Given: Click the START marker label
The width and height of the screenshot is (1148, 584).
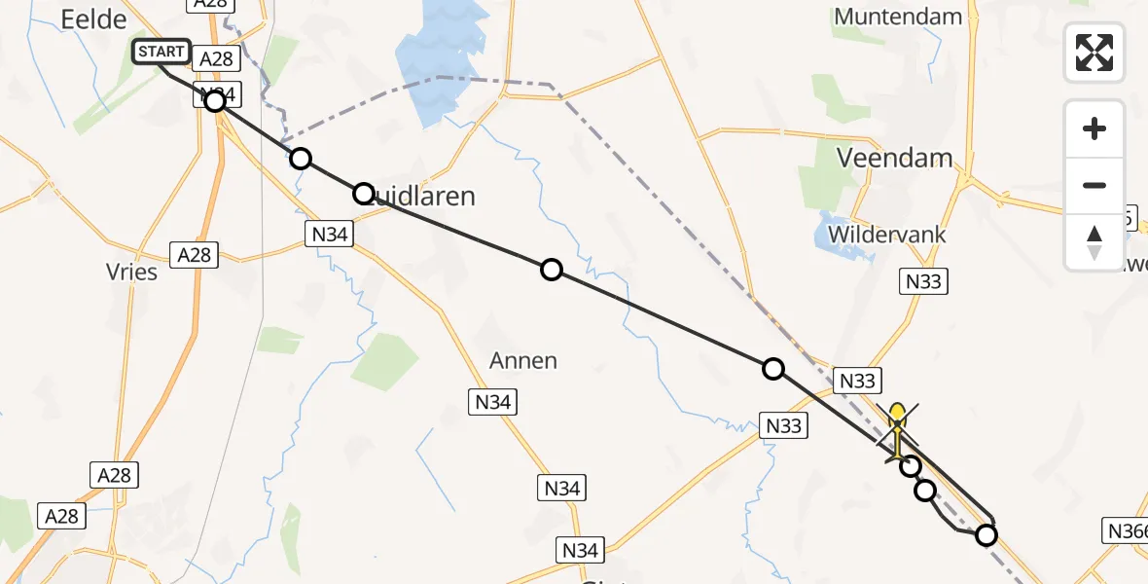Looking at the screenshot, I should (x=161, y=52).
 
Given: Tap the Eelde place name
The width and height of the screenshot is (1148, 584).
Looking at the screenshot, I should (x=94, y=19).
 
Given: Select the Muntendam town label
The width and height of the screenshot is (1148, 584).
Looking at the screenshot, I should (x=898, y=17).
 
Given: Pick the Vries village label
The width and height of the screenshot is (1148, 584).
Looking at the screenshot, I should (x=131, y=272).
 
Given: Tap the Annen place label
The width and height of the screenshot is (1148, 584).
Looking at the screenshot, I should (x=523, y=361).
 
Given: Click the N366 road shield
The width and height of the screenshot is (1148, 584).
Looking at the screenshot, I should (x=1127, y=530).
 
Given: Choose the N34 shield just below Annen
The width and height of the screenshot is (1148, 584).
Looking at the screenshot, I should (x=492, y=402).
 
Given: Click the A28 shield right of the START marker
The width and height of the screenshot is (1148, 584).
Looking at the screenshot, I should (x=216, y=59).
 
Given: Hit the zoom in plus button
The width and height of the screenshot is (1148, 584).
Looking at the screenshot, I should (x=1094, y=129).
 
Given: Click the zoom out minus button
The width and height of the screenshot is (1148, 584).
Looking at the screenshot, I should (x=1094, y=185).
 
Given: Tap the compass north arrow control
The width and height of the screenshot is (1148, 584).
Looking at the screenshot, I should (x=1094, y=242).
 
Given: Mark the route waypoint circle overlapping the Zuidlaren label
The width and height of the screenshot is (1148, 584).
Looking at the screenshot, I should (x=364, y=194).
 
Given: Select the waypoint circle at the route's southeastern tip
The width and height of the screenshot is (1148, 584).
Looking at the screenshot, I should (x=987, y=534).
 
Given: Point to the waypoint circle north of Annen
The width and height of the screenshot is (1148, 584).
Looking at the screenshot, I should (x=552, y=270).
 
